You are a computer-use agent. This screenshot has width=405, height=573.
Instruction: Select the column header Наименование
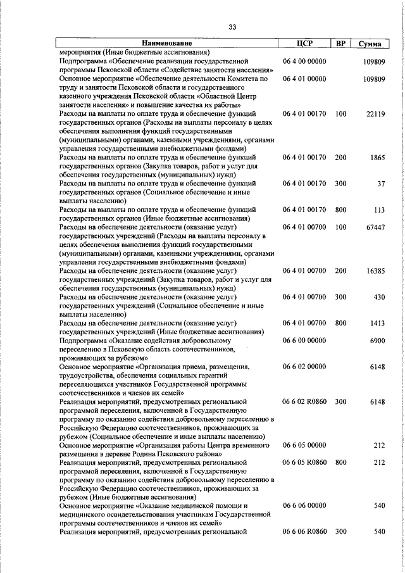tap(167, 44)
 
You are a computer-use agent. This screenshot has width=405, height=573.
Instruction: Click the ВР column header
tap(341, 44)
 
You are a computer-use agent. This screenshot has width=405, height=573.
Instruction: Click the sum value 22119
tap(375, 114)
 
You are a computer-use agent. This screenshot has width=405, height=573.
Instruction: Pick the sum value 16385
tap(375, 270)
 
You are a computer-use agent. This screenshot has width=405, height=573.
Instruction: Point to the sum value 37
tap(381, 184)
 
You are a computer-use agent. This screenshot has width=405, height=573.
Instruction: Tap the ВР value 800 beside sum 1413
tap(341, 323)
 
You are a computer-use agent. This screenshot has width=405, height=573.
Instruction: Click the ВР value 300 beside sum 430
tap(341, 296)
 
